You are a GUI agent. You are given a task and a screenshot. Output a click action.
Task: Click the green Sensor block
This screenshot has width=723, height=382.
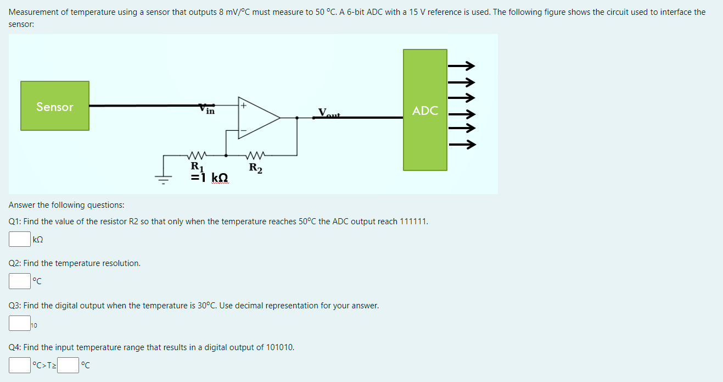[55, 106]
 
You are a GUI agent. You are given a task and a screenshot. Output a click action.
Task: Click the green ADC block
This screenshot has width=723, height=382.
[425, 110]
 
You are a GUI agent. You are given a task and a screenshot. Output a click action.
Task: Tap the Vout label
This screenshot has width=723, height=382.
[330, 114]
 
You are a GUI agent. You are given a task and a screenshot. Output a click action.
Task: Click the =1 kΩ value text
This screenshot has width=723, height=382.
[209, 178]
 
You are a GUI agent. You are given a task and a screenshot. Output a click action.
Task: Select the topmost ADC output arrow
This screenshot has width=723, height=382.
[461, 67]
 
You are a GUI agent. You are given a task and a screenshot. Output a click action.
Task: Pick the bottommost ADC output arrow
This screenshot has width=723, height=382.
[461, 145]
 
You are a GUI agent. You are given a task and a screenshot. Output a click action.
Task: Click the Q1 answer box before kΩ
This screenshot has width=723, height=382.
[19, 239]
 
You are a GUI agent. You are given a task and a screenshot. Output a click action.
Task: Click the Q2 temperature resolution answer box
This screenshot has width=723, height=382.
[19, 281]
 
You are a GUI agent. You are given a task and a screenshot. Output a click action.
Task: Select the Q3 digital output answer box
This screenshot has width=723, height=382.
[19, 323]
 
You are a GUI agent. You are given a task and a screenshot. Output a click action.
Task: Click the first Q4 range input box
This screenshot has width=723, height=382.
[19, 365]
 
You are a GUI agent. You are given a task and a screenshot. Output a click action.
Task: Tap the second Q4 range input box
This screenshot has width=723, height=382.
[69, 365]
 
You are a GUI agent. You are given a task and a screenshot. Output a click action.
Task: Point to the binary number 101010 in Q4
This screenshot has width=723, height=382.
[280, 347]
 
